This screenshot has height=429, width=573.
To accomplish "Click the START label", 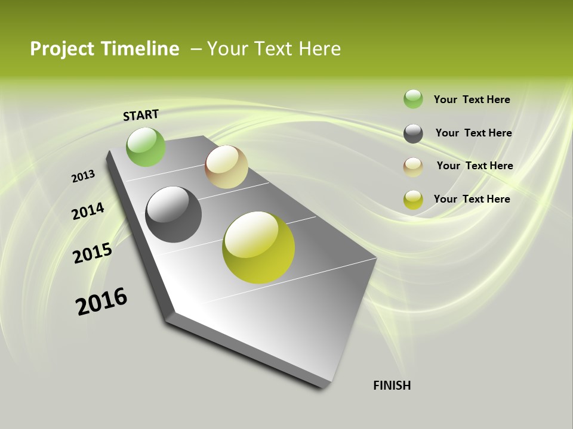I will coord(141,115).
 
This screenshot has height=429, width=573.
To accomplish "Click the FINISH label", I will coord(392,386).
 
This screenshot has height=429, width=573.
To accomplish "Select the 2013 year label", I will coord(83,176).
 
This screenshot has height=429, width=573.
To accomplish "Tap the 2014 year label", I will coord(88,211).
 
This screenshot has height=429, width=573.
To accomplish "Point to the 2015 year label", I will coord(93,253).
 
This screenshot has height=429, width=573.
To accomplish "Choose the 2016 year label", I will coord(101,301).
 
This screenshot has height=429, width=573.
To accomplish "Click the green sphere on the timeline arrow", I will coord(146,147).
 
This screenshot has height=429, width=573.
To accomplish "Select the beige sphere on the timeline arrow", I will coord(226,167).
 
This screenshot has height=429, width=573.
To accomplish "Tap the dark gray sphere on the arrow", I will coord(173,214).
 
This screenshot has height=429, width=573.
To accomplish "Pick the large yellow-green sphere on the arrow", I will coord(258,247).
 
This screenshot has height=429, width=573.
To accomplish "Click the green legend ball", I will coord(413,99).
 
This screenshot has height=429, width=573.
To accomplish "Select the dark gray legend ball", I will coord(413,133).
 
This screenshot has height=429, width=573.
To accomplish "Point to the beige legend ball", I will coord(413,167).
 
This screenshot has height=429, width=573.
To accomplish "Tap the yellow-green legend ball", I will coord(413,200).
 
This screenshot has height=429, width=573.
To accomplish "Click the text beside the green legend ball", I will coord(472,100).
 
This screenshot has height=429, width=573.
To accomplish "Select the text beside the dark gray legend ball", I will coord(473,133).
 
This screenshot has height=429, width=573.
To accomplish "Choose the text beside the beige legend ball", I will coord(475,166).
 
